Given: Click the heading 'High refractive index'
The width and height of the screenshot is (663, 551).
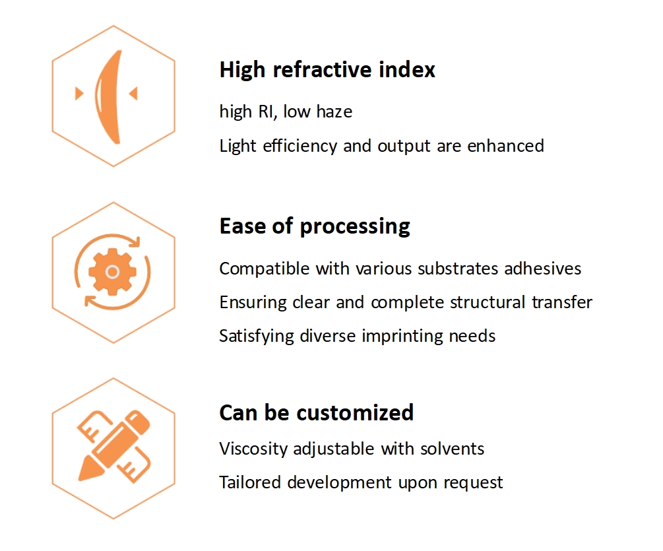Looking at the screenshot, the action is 327,70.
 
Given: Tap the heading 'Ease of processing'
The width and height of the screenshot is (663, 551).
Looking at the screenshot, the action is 315,226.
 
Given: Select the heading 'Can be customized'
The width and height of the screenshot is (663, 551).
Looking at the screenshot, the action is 316,412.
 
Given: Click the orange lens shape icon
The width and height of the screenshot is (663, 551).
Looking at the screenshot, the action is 108,97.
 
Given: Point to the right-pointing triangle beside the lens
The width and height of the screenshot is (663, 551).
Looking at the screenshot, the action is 79,94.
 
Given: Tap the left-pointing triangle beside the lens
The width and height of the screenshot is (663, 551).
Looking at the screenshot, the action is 133,94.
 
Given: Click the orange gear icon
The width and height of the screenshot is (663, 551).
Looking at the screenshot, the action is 112,271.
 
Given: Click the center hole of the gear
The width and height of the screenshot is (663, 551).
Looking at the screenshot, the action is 112,271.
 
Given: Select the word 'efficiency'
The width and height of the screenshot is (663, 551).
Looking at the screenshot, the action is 300,146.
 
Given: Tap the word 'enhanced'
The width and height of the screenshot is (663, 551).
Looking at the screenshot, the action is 506,146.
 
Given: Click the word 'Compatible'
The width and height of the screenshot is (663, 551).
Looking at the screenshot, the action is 265,269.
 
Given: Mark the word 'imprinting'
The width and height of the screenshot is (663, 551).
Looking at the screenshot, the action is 402,337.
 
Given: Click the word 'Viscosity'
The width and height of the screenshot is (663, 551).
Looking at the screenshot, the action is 253,449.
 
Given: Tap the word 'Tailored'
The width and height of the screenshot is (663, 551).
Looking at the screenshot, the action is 250,482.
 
